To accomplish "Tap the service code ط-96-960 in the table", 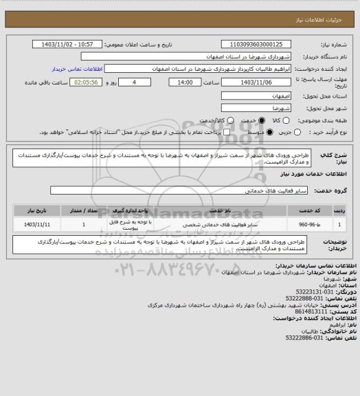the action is (308, 225).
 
